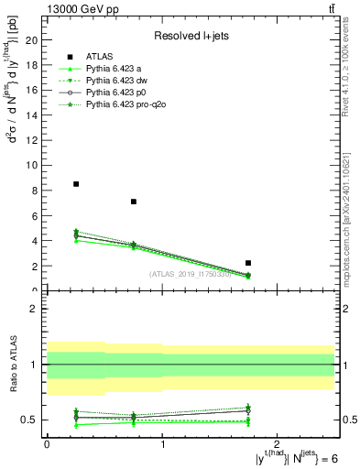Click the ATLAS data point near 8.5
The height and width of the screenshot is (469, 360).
pos(76,184)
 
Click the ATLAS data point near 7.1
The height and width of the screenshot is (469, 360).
pos(134,202)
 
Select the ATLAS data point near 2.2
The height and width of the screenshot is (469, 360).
pos(248,263)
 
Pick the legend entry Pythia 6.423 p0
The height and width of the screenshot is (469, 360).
pos(120,93)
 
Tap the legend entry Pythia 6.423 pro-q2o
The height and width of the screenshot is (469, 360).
pos(126,104)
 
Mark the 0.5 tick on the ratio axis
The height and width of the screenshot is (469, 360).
pos(30,420)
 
